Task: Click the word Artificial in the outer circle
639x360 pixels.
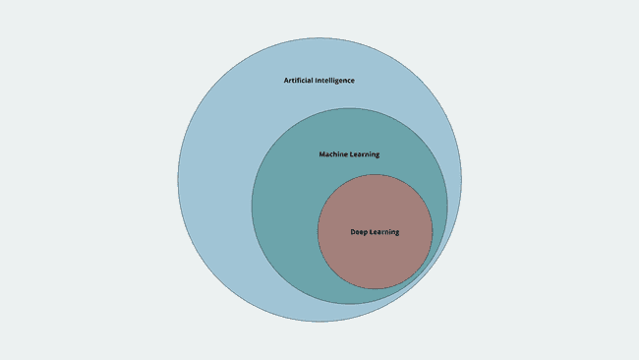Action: click(x=299, y=80)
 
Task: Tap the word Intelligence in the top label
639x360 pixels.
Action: click(x=334, y=80)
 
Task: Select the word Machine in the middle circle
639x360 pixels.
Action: click(x=334, y=154)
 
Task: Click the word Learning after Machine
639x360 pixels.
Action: click(x=365, y=154)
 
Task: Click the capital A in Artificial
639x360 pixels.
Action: click(x=286, y=80)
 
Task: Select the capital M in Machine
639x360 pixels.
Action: click(x=322, y=154)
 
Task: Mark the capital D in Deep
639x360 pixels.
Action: click(x=353, y=232)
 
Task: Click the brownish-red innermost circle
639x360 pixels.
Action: click(x=375, y=261)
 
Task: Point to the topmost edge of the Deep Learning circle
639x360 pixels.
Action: click(x=375, y=175)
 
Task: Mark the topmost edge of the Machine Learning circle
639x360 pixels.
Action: click(x=349, y=108)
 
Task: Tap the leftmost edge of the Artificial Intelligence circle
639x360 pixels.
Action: click(x=178, y=180)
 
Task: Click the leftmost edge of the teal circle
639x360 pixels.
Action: click(x=252, y=206)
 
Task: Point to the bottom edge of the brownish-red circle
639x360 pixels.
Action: click(x=375, y=289)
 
